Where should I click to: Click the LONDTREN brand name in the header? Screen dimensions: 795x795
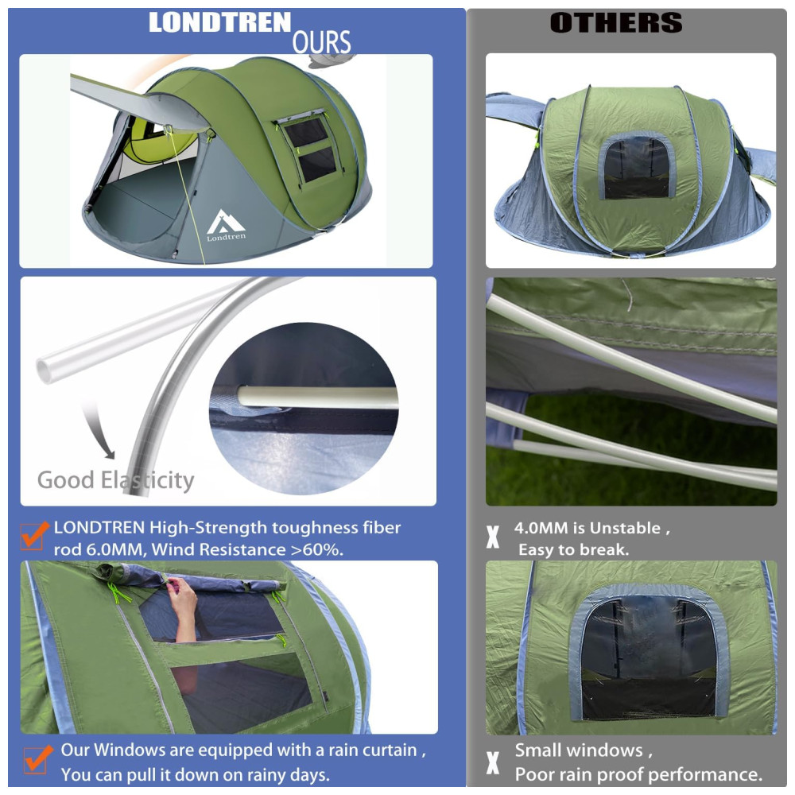tap(219, 23)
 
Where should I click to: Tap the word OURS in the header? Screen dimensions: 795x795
tap(321, 42)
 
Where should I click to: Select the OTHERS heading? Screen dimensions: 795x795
tap(616, 23)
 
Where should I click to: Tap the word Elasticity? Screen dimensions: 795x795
tap(148, 480)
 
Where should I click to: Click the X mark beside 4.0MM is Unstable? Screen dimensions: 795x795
tap(492, 537)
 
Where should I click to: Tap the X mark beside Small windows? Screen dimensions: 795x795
tap(492, 762)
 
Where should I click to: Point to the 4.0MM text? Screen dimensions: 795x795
tap(541, 529)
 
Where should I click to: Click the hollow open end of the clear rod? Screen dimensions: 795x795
tap(45, 370)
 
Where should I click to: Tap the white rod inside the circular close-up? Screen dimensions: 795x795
tap(318, 397)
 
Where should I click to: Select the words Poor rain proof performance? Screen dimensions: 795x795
tap(639, 774)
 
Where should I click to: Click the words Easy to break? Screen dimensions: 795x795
tap(573, 550)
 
